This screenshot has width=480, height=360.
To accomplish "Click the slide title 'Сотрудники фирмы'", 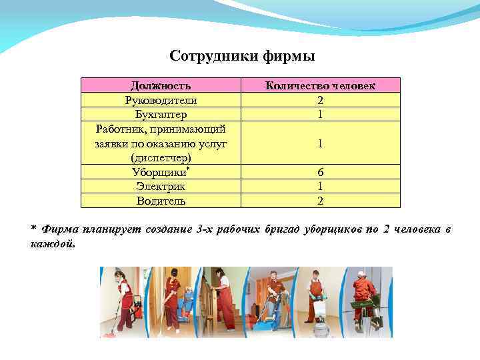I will click(242, 55).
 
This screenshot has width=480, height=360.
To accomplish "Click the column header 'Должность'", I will click(161, 85).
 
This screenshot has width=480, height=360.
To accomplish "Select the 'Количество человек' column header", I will click(320, 85).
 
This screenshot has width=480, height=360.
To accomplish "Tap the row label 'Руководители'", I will click(161, 100).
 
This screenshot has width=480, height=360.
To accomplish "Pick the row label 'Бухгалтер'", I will click(161, 114).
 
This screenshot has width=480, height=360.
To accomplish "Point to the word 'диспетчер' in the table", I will click(161, 157).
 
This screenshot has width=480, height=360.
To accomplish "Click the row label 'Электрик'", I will click(161, 186).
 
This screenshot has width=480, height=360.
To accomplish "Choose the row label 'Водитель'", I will click(161, 200).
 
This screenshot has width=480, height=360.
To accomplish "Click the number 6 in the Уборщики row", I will click(321, 172).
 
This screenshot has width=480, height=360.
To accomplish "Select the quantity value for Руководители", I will click(321, 100).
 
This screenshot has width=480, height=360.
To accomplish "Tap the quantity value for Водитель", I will click(321, 200).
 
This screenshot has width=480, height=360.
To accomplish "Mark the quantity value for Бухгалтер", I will click(321, 114).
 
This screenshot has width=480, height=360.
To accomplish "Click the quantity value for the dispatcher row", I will click(321, 143).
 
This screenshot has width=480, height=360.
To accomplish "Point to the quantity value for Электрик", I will click(321, 186).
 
